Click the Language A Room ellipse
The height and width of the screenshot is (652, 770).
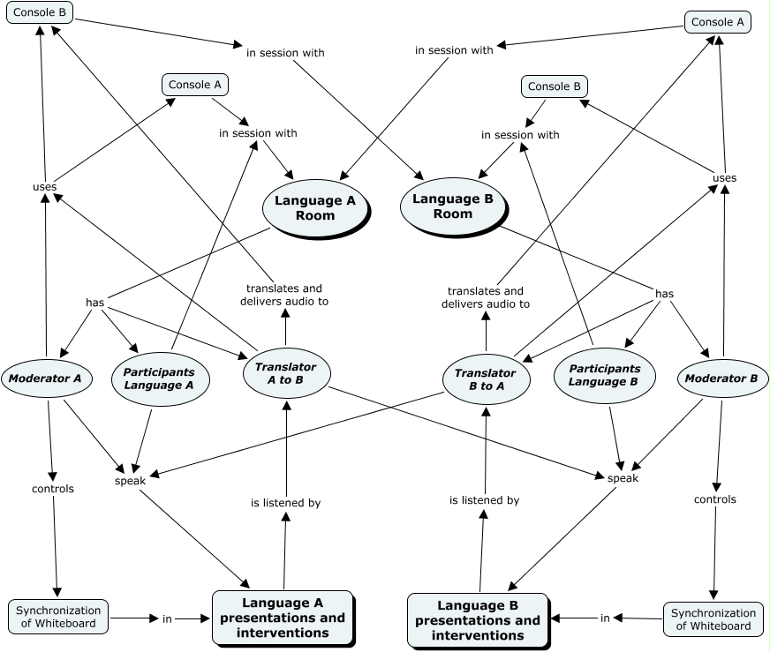pyautogui.click(x=314, y=208)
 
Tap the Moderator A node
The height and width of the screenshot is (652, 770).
pyautogui.click(x=45, y=379)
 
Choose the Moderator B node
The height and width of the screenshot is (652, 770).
pyautogui.click(x=722, y=378)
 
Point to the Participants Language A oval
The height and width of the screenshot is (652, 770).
pyautogui.click(x=159, y=378)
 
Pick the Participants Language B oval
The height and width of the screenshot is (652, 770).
pyautogui.click(x=603, y=375)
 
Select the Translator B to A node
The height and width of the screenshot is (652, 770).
pyautogui.click(x=485, y=379)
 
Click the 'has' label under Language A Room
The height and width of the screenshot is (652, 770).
pyautogui.click(x=95, y=303)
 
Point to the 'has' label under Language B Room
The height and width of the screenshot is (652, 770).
pyautogui.click(x=664, y=293)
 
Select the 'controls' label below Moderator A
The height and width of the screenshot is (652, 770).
pyautogui.click(x=53, y=488)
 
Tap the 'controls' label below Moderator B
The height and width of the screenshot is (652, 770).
pyautogui.click(x=714, y=499)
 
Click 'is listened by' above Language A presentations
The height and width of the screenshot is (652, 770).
pyautogui.click(x=285, y=503)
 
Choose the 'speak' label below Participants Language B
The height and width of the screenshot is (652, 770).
pyautogui.click(x=623, y=477)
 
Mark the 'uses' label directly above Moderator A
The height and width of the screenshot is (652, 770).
pyautogui.click(x=44, y=186)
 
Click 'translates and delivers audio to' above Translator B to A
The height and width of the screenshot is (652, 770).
pyautogui.click(x=485, y=297)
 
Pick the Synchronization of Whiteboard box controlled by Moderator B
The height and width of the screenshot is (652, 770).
pyautogui.click(x=712, y=619)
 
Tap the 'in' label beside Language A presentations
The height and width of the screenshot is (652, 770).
pyautogui.click(x=167, y=618)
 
